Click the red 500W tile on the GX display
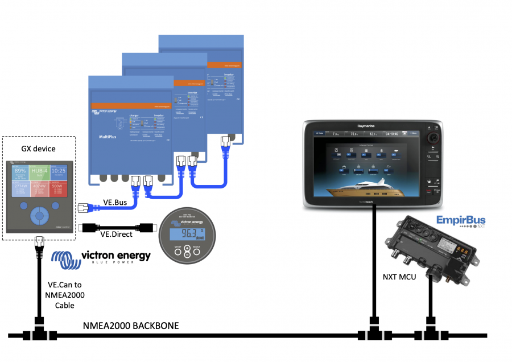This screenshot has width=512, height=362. [59, 189]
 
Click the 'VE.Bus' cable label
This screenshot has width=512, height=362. [114, 202]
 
